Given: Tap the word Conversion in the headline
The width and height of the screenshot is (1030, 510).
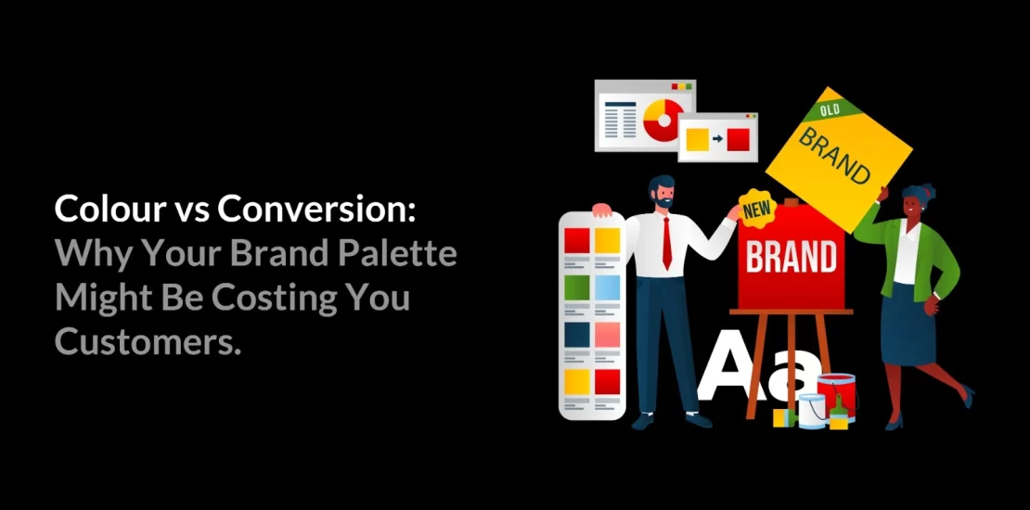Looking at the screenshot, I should pos(316,210).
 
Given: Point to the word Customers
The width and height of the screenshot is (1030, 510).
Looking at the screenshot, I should pos(148,342).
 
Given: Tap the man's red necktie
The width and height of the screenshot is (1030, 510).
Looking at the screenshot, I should pos(666,243).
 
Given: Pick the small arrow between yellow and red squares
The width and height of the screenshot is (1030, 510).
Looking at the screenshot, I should pos(717,139).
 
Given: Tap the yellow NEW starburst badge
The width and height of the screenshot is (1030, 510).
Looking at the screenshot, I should pos(755,210).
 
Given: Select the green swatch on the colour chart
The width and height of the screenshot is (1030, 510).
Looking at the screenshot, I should pos(577,287).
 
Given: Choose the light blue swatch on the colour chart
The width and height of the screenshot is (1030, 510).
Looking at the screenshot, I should pos(608,287).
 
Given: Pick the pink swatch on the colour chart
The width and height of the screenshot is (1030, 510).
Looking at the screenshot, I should pos(608,334).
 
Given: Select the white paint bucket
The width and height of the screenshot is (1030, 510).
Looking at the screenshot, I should pos(812,410).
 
